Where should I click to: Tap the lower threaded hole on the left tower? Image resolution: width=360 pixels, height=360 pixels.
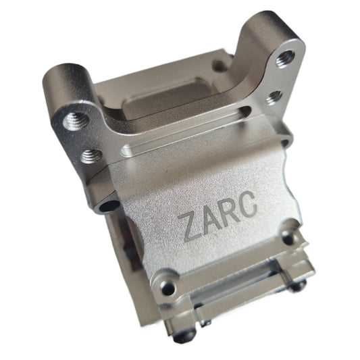90,156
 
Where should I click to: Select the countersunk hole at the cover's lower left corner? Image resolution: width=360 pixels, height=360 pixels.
165,278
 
